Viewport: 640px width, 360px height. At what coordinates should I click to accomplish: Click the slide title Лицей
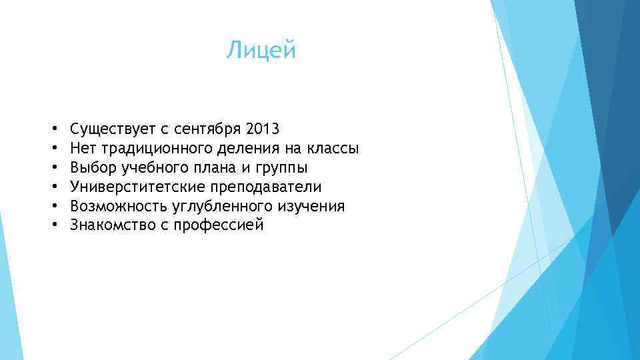261,51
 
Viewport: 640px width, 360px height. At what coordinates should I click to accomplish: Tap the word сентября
201,128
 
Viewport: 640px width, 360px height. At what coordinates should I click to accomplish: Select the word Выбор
92,167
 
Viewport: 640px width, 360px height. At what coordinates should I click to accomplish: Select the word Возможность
113,205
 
